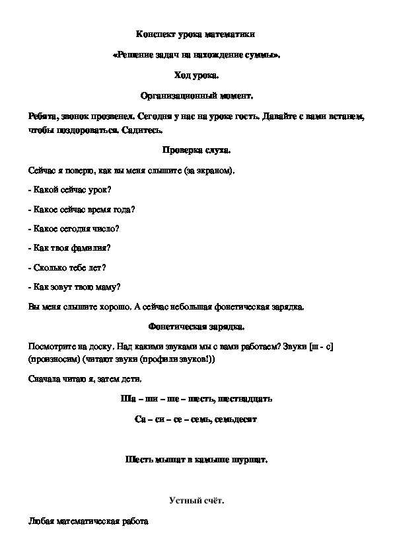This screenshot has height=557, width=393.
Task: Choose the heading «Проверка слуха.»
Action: click(196, 150)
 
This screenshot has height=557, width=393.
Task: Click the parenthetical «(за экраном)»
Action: click(210, 171)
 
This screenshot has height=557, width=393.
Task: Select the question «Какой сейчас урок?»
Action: click(71, 190)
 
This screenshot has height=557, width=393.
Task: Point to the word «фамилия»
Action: click(92, 248)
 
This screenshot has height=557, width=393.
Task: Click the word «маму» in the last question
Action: click(106, 287)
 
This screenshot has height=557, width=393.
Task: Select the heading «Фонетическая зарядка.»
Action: click(196, 326)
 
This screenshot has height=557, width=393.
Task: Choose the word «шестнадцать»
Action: click(243, 399)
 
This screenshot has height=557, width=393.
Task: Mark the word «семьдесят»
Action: click(235, 419)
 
